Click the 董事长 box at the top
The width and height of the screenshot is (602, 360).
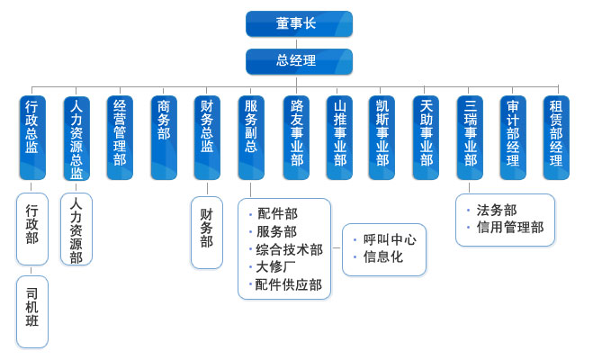pyautogui.click(x=299, y=23)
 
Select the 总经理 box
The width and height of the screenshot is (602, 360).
pyautogui.click(x=299, y=61)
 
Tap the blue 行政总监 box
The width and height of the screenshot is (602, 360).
pyautogui.click(x=32, y=137)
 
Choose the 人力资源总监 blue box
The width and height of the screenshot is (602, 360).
pyautogui.click(x=76, y=137)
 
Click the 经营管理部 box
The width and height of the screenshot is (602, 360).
pyautogui.click(x=120, y=137)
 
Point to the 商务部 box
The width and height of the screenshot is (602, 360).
pyautogui.click(x=164, y=137)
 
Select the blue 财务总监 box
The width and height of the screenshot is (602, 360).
pyautogui.click(x=207, y=137)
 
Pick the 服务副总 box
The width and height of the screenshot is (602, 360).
pyautogui.click(x=251, y=137)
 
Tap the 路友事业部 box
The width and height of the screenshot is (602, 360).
pyautogui.click(x=296, y=137)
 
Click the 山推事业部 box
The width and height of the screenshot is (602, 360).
pyautogui.click(x=339, y=137)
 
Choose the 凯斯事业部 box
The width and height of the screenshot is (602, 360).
pyautogui.click(x=382, y=137)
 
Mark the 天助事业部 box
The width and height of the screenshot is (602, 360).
pyautogui.click(x=427, y=137)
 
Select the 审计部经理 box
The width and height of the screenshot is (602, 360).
pyautogui.click(x=513, y=137)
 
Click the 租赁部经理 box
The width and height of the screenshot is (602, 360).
pyautogui.click(x=556, y=137)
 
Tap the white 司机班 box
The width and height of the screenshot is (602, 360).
pyautogui.click(x=32, y=311)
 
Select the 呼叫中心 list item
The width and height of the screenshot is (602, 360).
pyautogui.click(x=390, y=239)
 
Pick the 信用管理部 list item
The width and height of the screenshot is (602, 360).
pyautogui.click(x=510, y=228)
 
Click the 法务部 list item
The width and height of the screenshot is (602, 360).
pyautogui.click(x=497, y=210)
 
